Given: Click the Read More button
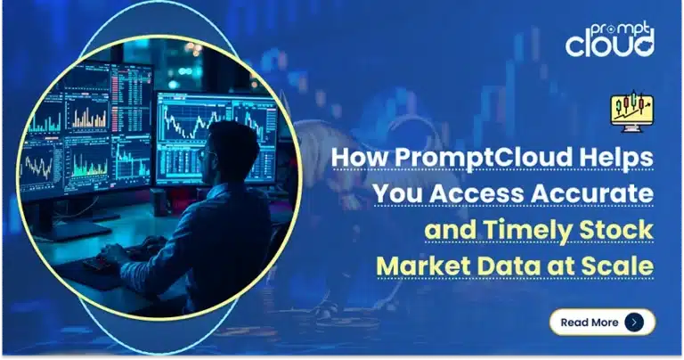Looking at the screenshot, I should pos(601,322).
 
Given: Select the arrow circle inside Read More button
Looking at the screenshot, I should pos(633,322).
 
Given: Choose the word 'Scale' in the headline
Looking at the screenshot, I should pos(620,266).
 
